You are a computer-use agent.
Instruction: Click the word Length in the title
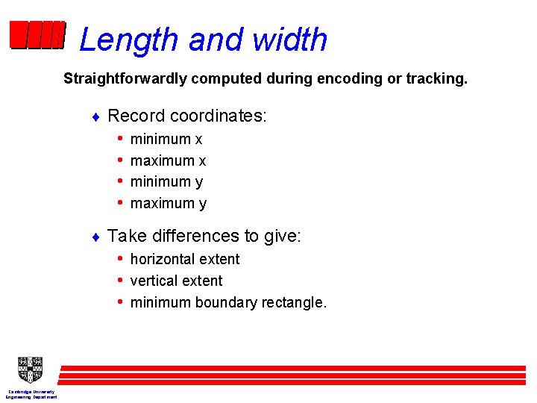[x=129, y=40]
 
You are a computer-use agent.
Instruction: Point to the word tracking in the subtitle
[x=436, y=78]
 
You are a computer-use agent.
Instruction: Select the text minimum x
[x=166, y=140]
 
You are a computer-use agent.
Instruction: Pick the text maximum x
[x=168, y=160]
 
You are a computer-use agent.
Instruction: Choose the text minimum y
[x=166, y=181]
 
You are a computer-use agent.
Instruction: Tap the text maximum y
[x=168, y=203]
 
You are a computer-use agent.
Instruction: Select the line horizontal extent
[x=184, y=260]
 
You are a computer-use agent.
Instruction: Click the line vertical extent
[x=176, y=281]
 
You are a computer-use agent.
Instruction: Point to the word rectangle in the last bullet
[x=295, y=303]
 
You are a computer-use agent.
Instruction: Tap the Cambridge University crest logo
[x=31, y=369]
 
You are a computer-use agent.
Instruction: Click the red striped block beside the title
[x=37, y=35]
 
